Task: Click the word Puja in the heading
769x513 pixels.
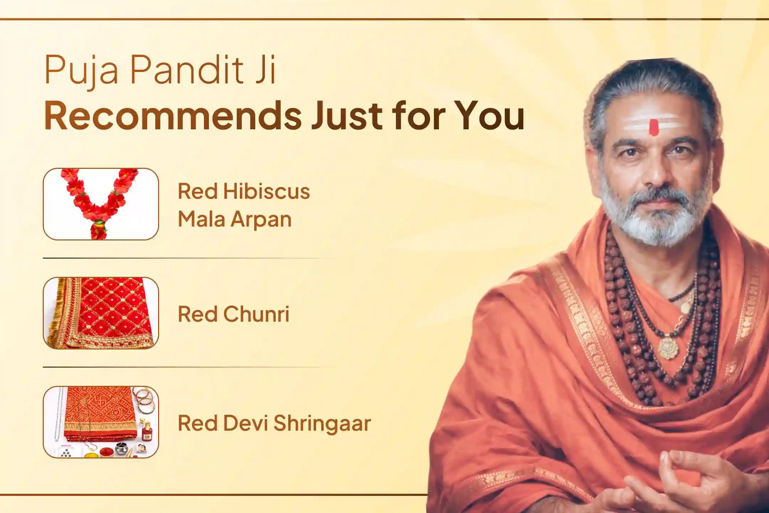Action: [x=81, y=70]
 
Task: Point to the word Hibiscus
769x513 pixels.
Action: [x=266, y=192]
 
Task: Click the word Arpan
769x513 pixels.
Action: [x=261, y=219]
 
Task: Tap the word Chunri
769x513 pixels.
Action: [x=256, y=314]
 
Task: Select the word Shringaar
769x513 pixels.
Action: [x=322, y=423]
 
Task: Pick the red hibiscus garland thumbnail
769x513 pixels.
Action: [x=101, y=204]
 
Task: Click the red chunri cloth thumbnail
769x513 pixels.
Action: [x=101, y=313]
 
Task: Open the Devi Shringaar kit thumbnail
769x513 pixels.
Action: [x=101, y=422]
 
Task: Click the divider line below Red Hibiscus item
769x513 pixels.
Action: [x=189, y=258]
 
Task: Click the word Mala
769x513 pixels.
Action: [x=201, y=219]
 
